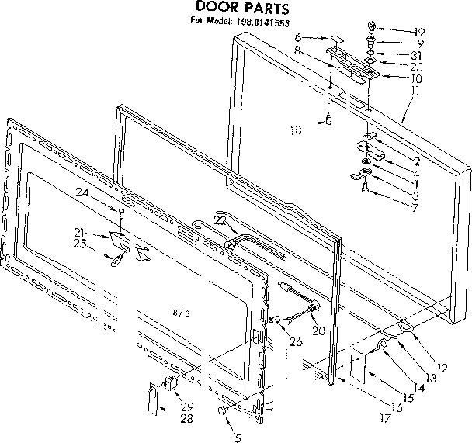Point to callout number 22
(x=220, y=221)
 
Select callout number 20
(x=318, y=331)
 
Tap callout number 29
(x=186, y=407)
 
